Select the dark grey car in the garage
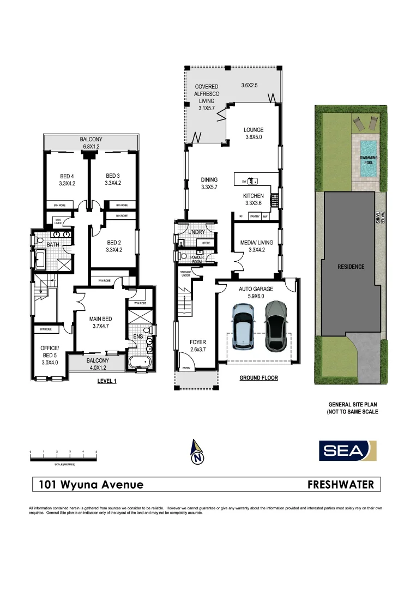[x=276, y=326]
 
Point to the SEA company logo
[x=348, y=451]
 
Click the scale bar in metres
[x=63, y=456]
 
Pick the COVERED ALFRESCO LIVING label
[x=207, y=94]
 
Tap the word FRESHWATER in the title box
[x=341, y=484]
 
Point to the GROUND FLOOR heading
[x=258, y=377]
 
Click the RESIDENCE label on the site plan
[x=351, y=267]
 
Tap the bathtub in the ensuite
[x=141, y=362]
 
